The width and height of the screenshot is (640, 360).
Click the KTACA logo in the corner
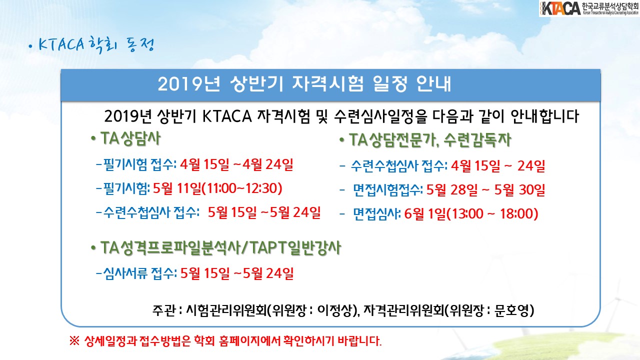tap(589, 8)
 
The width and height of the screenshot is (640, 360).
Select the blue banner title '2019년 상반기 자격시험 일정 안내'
tap(304, 84)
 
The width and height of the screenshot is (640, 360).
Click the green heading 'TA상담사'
tap(130, 139)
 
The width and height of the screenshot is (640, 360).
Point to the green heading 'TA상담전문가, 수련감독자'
tap(430, 140)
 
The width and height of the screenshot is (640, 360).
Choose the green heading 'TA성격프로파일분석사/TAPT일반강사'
tap(220, 247)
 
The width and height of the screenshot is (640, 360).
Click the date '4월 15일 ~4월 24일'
tap(236, 164)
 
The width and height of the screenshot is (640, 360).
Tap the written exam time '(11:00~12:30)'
tap(242, 188)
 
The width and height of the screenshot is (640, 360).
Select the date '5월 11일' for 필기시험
tap(177, 188)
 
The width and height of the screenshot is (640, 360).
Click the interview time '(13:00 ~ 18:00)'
tap(492, 213)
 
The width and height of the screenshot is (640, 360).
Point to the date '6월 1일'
tap(425, 213)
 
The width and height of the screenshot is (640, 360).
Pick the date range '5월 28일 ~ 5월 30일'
tap(485, 189)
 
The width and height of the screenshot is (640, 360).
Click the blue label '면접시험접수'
tap(386, 189)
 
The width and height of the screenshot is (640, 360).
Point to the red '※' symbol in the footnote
tap(74, 341)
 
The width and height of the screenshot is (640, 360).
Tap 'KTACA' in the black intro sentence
tap(227, 116)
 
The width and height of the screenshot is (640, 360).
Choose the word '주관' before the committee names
tap(163, 310)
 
